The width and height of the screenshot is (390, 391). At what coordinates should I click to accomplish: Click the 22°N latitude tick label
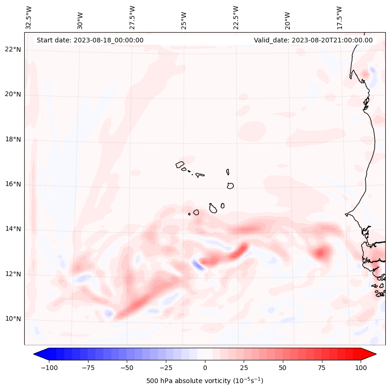coord(13,50)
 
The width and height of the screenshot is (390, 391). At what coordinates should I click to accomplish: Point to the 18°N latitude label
coord(13,139)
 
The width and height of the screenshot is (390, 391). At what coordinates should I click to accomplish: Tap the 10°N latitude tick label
coord(13,319)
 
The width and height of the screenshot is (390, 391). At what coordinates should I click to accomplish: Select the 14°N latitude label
coord(13,229)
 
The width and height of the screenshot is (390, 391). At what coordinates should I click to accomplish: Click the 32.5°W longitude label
coord(29,17)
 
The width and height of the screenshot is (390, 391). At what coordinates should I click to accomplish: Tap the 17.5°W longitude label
coord(339,17)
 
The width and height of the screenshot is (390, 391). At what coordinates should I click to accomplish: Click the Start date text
coord(90,40)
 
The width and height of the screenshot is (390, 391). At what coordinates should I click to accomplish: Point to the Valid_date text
coord(313,40)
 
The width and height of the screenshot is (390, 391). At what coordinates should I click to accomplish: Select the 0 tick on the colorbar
coord(205,368)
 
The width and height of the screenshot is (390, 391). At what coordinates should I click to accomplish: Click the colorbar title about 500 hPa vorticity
coord(205,381)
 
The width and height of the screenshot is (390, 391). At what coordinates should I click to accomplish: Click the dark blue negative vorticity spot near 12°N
coord(198,265)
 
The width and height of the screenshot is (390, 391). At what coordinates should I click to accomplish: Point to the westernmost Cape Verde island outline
coord(180,165)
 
